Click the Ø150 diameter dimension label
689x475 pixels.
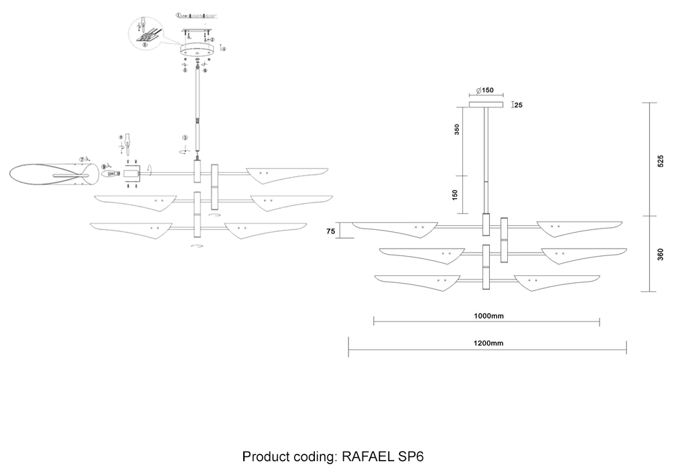point(486,91)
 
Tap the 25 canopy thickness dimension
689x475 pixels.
point(517,105)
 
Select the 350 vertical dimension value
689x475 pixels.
point(456,129)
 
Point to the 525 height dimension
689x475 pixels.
point(660,161)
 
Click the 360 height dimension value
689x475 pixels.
point(660,254)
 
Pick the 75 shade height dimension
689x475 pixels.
point(331,232)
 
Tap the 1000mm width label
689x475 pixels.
point(489,316)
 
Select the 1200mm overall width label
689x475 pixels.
point(488,343)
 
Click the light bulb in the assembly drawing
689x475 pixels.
point(110,173)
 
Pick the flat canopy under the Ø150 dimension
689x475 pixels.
point(486,105)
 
